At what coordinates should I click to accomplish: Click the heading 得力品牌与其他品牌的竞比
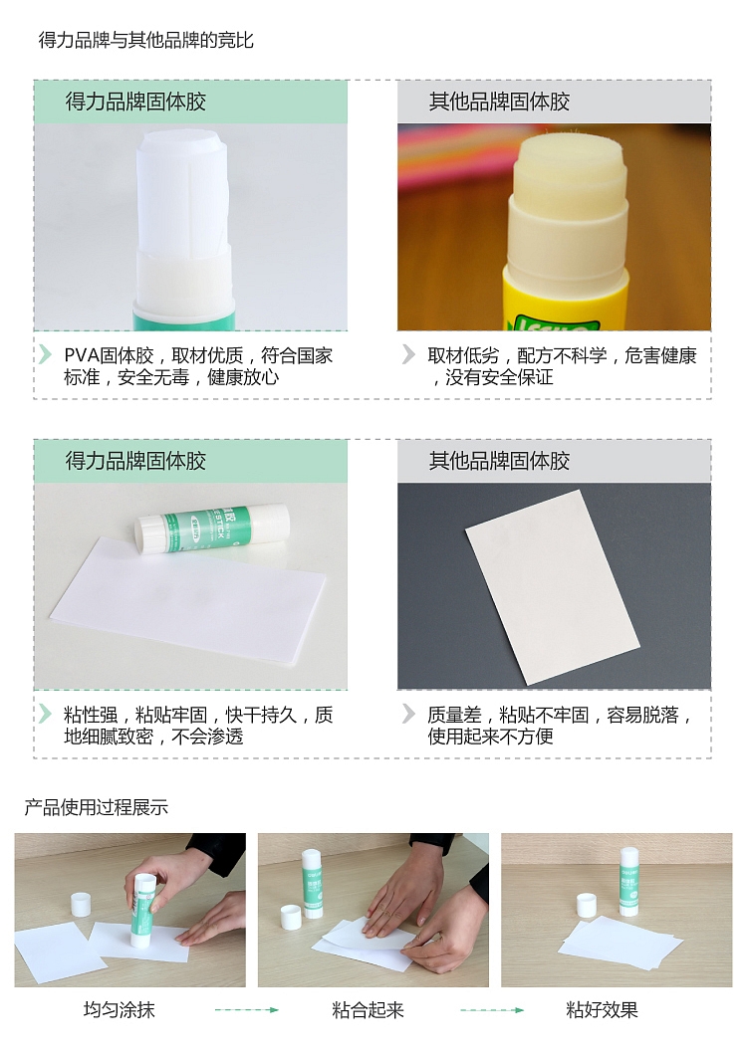(145, 41)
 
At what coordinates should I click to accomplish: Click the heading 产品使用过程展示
(96, 807)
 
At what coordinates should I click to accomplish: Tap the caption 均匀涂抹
(119, 1009)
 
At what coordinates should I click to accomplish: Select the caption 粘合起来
(368, 1010)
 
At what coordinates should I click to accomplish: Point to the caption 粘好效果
(602, 1010)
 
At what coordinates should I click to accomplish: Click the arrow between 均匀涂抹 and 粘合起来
(246, 1010)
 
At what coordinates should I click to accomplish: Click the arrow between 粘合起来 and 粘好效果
(492, 1010)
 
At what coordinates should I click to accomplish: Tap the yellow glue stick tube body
(566, 297)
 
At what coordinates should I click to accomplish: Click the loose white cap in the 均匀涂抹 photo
(81, 904)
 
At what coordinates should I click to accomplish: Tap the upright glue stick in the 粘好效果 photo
(628, 882)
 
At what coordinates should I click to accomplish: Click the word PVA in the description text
(82, 355)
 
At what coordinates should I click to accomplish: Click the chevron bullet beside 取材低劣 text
(408, 354)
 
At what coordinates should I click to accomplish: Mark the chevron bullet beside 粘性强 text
(45, 714)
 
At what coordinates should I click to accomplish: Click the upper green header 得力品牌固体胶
(191, 102)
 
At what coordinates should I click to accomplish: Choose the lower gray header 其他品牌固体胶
(554, 461)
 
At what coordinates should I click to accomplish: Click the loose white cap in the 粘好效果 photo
(587, 905)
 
